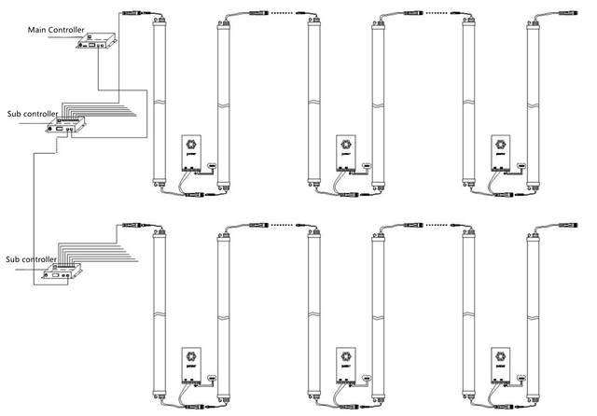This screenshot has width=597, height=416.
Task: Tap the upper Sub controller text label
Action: click(x=32, y=115)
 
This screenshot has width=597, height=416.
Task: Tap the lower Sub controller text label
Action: click(x=32, y=258)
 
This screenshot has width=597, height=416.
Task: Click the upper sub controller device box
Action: click(x=67, y=123)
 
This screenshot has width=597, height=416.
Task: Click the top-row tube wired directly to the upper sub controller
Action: click(x=159, y=103)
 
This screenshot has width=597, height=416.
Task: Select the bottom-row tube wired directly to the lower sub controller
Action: click(x=159, y=312)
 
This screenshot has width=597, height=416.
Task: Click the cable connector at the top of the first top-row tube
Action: click(x=130, y=13)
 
